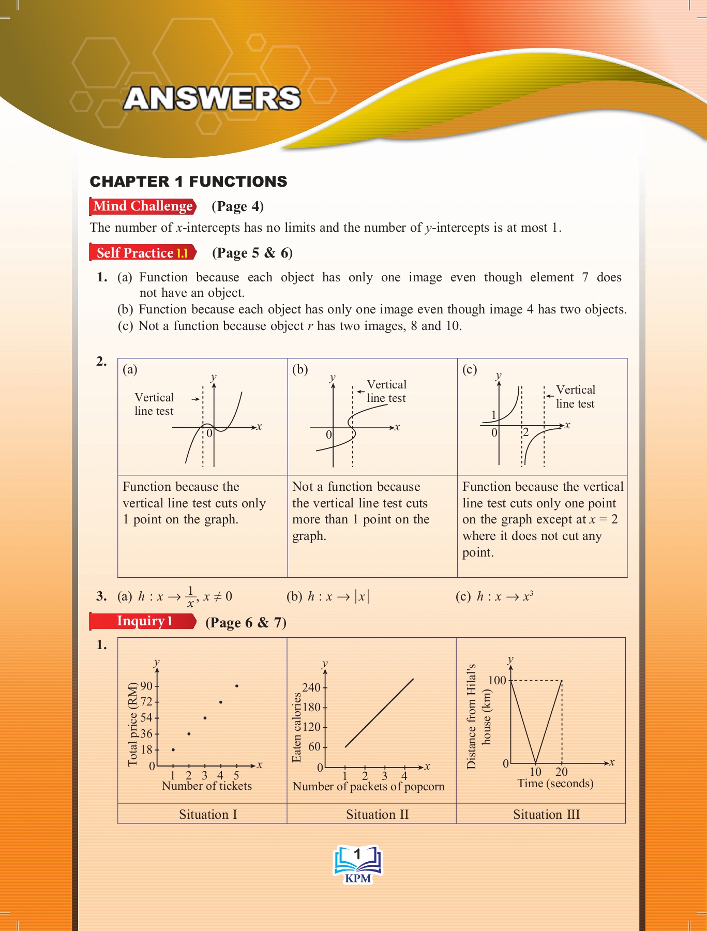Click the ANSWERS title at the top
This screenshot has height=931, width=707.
[x=212, y=98]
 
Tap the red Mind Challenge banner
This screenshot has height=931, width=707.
[x=143, y=206]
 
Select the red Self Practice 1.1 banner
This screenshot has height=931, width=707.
[x=142, y=253]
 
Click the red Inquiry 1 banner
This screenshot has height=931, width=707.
[x=143, y=621]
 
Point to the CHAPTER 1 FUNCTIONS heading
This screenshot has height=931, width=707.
[x=188, y=182]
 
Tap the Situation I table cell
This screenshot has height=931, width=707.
[x=208, y=815]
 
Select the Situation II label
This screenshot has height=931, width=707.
[x=377, y=815]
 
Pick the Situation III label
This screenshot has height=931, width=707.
[x=546, y=815]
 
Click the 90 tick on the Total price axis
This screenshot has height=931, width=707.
[x=147, y=686]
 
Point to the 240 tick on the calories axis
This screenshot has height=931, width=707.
[x=311, y=687]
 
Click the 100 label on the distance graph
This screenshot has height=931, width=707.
[x=497, y=680]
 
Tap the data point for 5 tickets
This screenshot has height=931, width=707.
[x=236, y=686]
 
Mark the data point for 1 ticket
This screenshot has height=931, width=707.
[x=173, y=749]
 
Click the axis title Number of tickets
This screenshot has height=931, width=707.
[x=206, y=786]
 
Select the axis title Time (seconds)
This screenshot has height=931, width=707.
[x=555, y=784]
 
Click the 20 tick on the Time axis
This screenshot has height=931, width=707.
[x=562, y=772]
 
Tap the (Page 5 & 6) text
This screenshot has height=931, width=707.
[x=252, y=253]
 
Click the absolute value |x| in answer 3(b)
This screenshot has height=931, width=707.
[x=362, y=596]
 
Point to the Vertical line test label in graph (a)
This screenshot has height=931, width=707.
[x=154, y=404]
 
